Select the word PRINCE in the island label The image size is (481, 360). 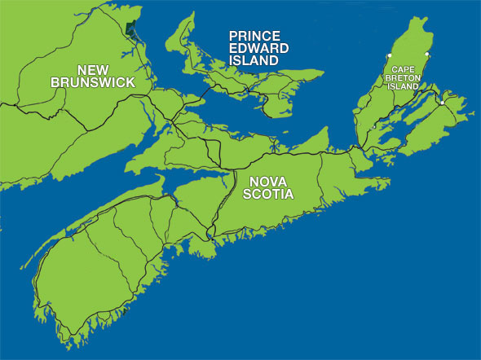[x=254, y=36]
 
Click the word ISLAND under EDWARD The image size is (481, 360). [x=254, y=60]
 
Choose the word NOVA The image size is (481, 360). [x=267, y=181]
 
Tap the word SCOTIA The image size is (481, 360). [x=269, y=194]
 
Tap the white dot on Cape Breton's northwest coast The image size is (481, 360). [x=389, y=56]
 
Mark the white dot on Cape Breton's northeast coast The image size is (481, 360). [x=427, y=55]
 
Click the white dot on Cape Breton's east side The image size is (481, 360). [x=442, y=103]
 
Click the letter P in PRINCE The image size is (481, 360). [x=232, y=36]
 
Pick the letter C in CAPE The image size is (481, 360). [x=395, y=71]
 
